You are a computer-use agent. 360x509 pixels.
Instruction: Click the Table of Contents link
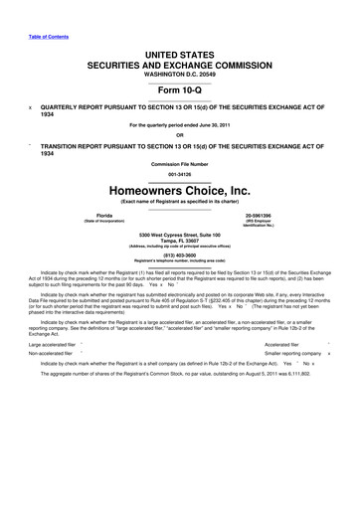[x=46, y=12]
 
